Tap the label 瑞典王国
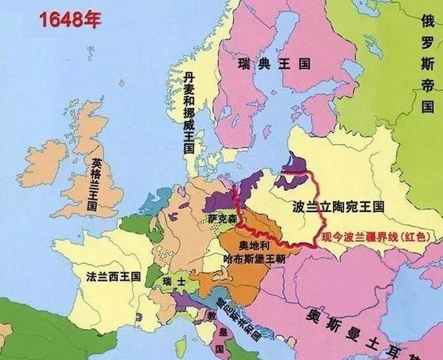pyautogui.click(x=263, y=63)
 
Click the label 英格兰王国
pyautogui.click(x=97, y=183)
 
